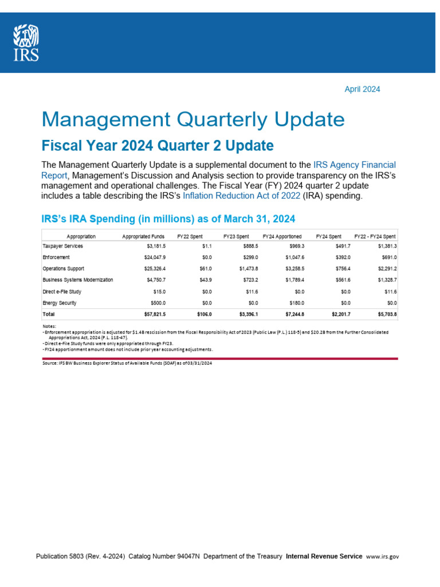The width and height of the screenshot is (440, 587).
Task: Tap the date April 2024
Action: coord(362,89)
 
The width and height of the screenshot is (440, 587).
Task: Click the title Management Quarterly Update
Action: coord(193,120)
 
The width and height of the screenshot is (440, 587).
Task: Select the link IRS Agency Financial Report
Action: coord(354,165)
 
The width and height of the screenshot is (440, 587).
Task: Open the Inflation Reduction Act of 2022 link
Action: coord(237,196)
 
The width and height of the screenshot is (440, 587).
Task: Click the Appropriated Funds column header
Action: coord(143,237)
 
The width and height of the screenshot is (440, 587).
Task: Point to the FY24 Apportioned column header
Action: coord(282,237)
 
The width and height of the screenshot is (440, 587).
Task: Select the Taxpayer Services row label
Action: coord(63,246)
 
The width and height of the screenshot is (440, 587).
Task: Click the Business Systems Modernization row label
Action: coord(78,280)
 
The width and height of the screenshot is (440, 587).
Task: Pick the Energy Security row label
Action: coord(60,303)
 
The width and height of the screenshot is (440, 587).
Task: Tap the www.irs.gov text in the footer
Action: coord(382,556)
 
